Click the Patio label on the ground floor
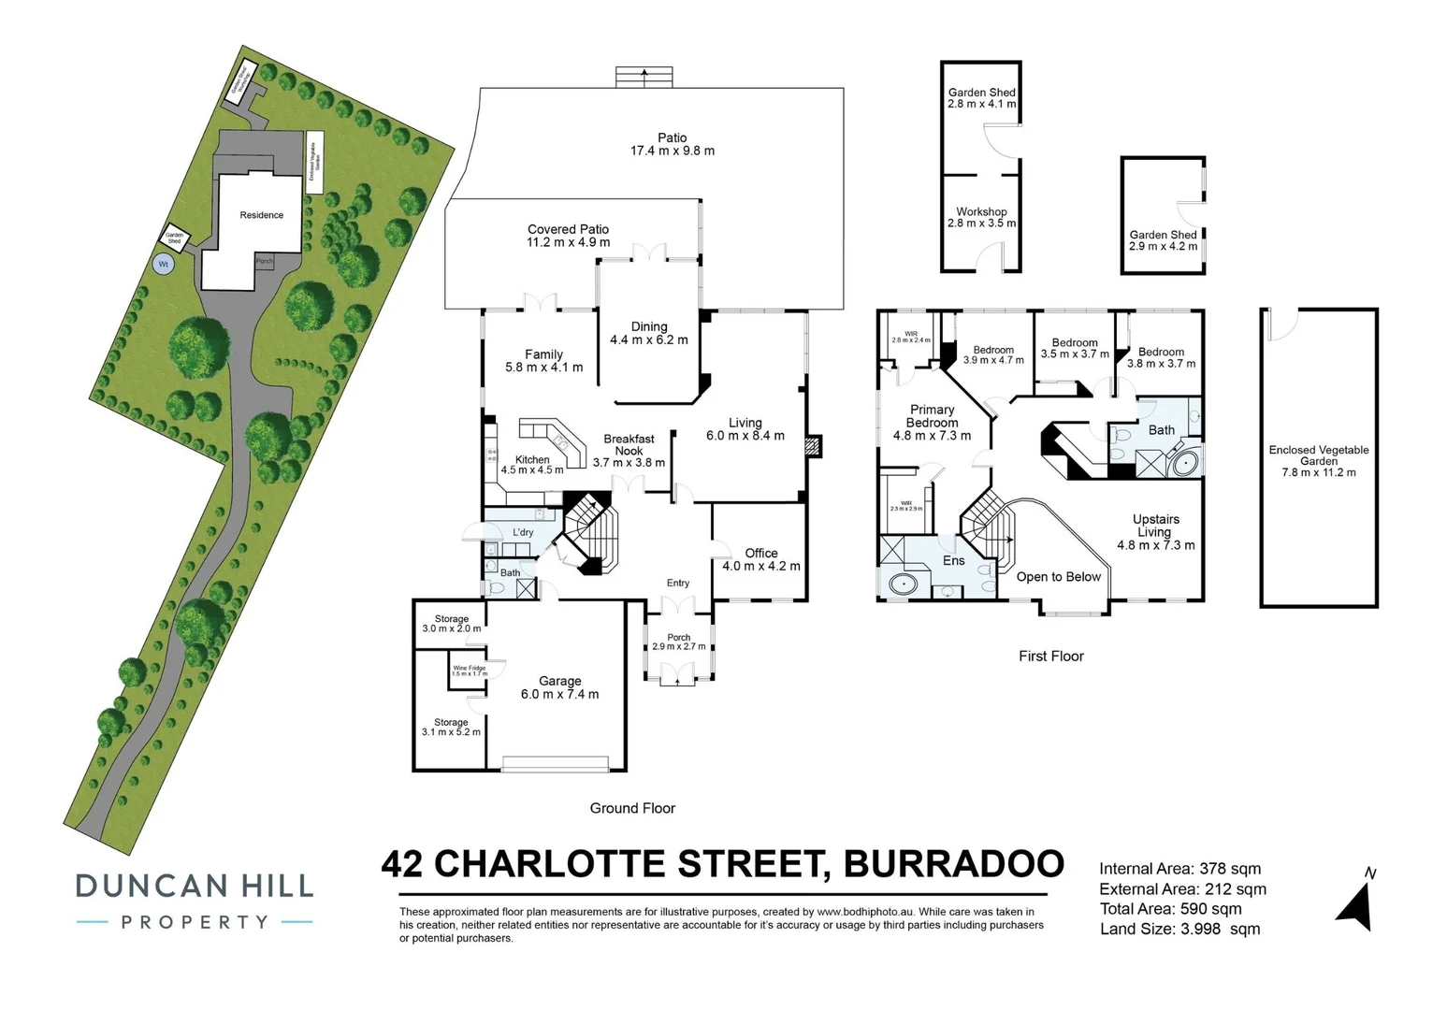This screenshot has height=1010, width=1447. (x=672, y=144)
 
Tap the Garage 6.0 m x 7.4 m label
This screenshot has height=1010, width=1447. (x=559, y=687)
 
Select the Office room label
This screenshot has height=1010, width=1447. (x=760, y=559)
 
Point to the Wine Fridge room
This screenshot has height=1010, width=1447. (x=469, y=671)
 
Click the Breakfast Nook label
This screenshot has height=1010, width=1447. (x=629, y=450)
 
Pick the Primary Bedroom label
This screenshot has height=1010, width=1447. (x=932, y=422)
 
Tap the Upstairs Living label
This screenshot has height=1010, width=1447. (x=1155, y=531)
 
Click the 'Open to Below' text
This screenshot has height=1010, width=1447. (x=1058, y=577)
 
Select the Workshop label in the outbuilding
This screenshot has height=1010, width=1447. (x=981, y=217)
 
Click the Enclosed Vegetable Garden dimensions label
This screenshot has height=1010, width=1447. (x=1318, y=461)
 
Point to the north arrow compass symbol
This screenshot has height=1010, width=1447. (x=1355, y=902)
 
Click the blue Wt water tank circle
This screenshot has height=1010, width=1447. (x=164, y=265)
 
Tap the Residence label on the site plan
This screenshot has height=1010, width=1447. (x=261, y=215)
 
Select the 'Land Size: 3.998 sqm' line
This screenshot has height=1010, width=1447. (x=1179, y=929)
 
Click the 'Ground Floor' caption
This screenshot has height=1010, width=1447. (x=632, y=808)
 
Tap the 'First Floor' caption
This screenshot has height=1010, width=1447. (x=1050, y=656)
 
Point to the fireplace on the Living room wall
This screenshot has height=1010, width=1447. (x=812, y=446)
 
